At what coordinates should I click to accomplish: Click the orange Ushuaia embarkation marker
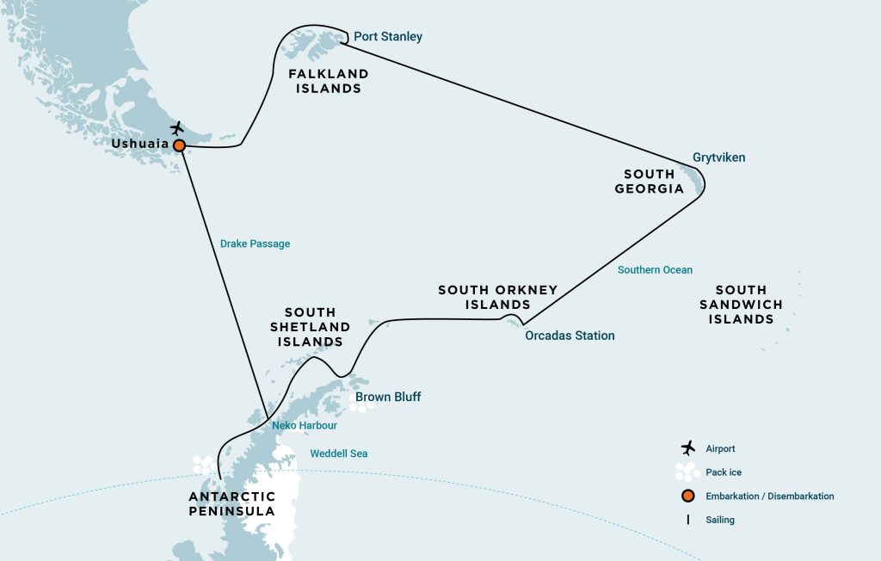point(179,145)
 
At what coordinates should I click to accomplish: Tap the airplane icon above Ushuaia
point(177,128)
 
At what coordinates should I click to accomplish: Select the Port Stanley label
point(388,37)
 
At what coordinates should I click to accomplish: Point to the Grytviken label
point(718,157)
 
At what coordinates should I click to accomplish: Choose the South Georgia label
point(650,181)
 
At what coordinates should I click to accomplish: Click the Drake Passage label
point(255,244)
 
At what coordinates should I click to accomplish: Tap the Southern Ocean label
point(655,269)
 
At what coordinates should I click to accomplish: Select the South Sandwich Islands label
point(741,305)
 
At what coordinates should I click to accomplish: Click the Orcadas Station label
point(570,336)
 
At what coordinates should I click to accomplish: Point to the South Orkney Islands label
point(497,297)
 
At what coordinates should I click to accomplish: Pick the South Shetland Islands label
point(310,327)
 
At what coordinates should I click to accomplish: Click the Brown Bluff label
point(388,397)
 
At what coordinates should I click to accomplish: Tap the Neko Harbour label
point(305,425)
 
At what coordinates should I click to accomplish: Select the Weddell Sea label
point(339,453)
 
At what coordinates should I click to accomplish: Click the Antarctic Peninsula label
point(232,503)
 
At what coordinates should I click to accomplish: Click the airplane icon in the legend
point(687,448)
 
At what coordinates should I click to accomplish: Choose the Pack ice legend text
point(723,472)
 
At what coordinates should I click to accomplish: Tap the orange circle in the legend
point(687,496)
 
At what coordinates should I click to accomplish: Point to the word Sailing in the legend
point(719,520)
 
